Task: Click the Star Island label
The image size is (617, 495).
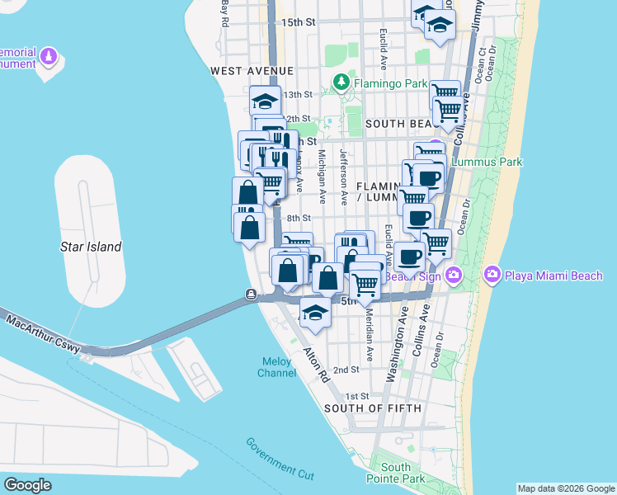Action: (91, 247)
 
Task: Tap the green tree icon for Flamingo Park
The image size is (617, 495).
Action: (340, 82)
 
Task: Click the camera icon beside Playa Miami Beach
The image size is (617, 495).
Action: (492, 274)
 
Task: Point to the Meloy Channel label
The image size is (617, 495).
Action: (277, 367)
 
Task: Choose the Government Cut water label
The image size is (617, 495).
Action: (280, 459)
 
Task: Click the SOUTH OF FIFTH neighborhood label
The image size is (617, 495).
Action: (373, 408)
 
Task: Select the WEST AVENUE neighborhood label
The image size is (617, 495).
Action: (247, 72)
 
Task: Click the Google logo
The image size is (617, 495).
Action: (27, 484)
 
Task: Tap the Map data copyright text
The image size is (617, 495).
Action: (566, 488)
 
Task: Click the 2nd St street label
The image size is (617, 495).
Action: (346, 370)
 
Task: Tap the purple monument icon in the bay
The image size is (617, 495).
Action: (49, 59)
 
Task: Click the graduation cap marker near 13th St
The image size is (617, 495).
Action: (265, 101)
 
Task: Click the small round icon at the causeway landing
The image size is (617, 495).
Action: (250, 295)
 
